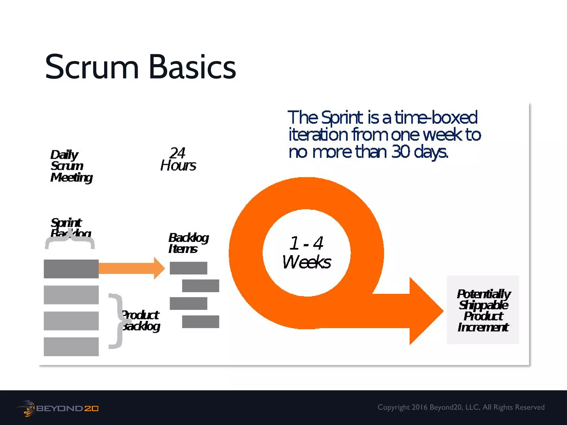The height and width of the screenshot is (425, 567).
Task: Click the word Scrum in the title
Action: click(92, 67)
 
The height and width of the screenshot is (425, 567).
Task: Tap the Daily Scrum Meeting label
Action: click(71, 166)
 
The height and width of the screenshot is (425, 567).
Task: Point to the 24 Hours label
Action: click(178, 159)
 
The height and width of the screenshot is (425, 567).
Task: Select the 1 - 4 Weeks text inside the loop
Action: click(306, 252)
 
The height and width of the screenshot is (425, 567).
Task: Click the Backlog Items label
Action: click(188, 243)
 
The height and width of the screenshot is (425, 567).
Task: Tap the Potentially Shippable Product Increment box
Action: click(483, 310)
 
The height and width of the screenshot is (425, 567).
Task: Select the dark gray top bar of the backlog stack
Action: click(71, 269)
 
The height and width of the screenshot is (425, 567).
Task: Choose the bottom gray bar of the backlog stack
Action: click(71, 346)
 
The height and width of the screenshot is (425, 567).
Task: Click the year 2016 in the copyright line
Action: click(419, 407)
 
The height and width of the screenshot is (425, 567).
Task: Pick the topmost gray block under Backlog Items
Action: click(188, 268)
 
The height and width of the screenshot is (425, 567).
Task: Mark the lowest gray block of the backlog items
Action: click(200, 322)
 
